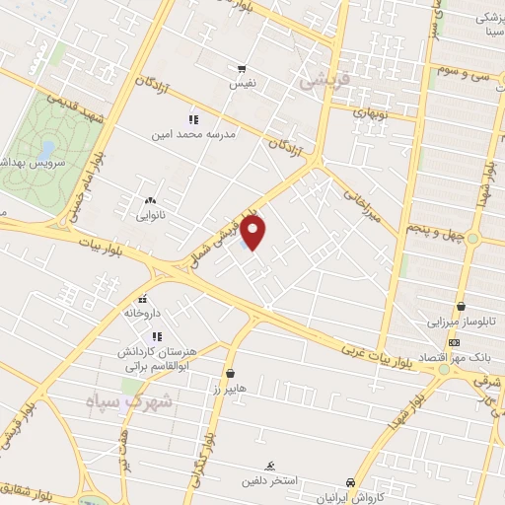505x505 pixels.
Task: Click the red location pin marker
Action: click(x=254, y=234)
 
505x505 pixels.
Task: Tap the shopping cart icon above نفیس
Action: click(x=242, y=69)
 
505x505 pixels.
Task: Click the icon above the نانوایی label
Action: click(x=150, y=201)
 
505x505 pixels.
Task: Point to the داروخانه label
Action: click(x=141, y=313)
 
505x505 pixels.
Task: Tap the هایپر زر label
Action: click(x=229, y=389)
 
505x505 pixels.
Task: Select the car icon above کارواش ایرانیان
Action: click(x=351, y=482)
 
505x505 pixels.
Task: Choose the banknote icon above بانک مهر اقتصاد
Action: click(x=453, y=341)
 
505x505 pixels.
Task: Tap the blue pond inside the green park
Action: click(x=46, y=151)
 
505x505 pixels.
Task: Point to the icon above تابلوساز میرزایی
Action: click(x=461, y=307)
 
